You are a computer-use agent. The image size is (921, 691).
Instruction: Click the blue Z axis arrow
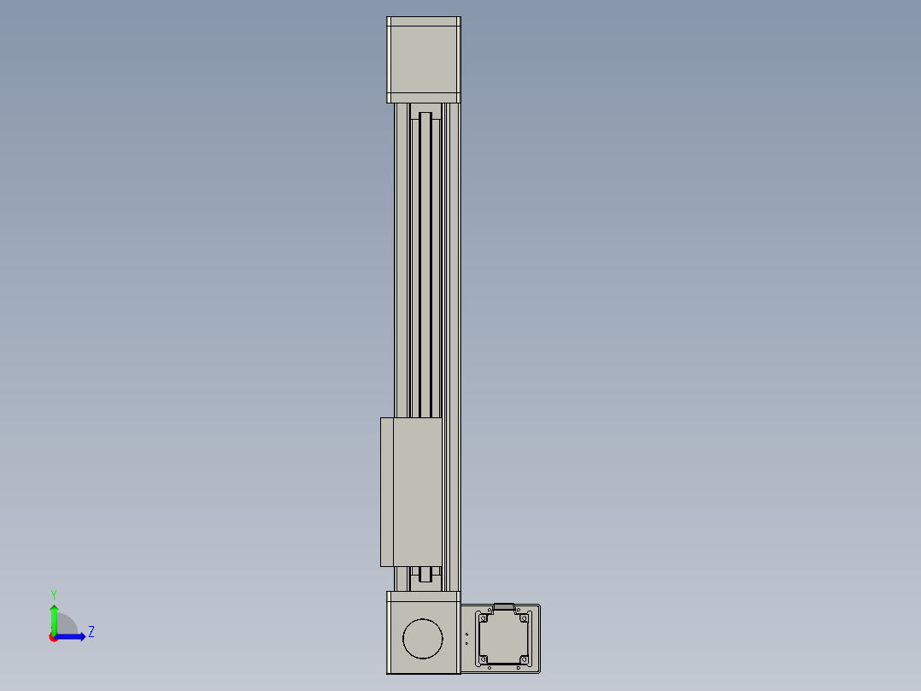pyautogui.click(x=73, y=636)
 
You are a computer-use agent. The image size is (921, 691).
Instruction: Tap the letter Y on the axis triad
pyautogui.click(x=54, y=594)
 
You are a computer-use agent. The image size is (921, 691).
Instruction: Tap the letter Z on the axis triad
pyautogui.click(x=91, y=633)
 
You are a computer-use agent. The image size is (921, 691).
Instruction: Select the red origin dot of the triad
pyautogui.click(x=54, y=637)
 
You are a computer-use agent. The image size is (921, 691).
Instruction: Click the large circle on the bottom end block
pyautogui.click(x=423, y=638)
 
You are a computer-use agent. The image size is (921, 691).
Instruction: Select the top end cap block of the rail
pyautogui.click(x=424, y=59)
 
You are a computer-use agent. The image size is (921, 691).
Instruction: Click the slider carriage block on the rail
pyautogui.click(x=411, y=492)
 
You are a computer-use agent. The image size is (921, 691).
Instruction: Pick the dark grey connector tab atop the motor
pyautogui.click(x=504, y=606)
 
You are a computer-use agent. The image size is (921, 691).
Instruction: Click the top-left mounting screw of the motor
pyautogui.click(x=484, y=618)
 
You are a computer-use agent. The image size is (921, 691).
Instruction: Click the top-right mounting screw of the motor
pyautogui.click(x=524, y=618)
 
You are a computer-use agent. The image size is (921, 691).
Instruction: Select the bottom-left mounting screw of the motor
pyautogui.click(x=484, y=659)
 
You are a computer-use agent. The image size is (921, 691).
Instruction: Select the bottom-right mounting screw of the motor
pyautogui.click(x=524, y=659)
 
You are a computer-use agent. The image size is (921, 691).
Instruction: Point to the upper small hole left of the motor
pyautogui.click(x=466, y=634)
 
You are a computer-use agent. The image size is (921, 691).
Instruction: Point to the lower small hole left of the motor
pyautogui.click(x=466, y=643)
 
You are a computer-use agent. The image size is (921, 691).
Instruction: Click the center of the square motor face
pyautogui.click(x=504, y=639)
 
